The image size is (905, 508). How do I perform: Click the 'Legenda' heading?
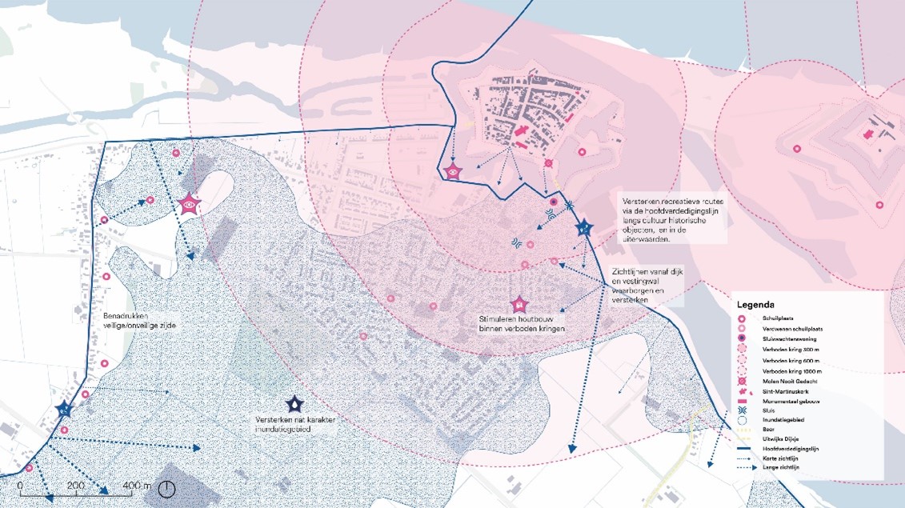click(755, 305)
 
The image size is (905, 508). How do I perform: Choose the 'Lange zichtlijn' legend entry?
click(781, 466)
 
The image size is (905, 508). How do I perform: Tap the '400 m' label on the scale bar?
click(137, 486)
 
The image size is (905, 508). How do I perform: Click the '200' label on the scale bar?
click(75, 486)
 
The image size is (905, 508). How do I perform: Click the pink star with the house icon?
click(519, 304)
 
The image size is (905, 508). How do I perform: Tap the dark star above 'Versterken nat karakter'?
click(295, 405)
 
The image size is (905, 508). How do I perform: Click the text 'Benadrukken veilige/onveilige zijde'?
click(140, 320)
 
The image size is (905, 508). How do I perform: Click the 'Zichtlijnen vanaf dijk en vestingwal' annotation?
click(639, 285)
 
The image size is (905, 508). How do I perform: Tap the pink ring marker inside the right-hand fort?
click(797, 149)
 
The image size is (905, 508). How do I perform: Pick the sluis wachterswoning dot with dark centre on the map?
click(554, 202)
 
